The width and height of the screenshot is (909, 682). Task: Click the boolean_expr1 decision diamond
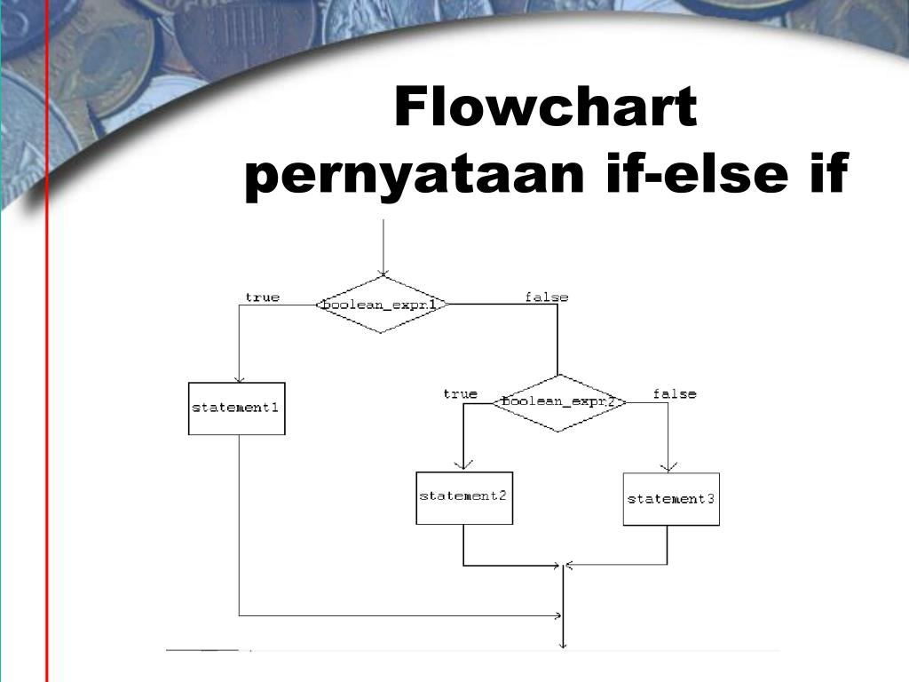(x=381, y=305)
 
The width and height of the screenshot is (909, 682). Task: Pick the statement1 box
(x=237, y=408)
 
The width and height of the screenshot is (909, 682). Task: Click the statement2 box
(x=464, y=497)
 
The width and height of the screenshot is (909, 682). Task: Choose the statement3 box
(x=671, y=499)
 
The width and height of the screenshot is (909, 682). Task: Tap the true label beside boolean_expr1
(x=262, y=297)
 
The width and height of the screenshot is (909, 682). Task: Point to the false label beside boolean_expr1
(x=546, y=297)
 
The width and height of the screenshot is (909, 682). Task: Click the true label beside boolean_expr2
(x=460, y=393)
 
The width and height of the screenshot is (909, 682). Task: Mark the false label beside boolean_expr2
(x=675, y=393)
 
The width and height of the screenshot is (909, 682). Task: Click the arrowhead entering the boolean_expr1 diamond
(x=382, y=272)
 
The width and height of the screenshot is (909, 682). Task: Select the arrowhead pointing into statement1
(x=238, y=378)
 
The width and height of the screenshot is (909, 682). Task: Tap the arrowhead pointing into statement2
(x=463, y=466)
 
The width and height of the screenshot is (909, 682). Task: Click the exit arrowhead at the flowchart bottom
(x=564, y=646)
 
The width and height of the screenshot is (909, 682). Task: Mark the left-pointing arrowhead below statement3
(x=570, y=565)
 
